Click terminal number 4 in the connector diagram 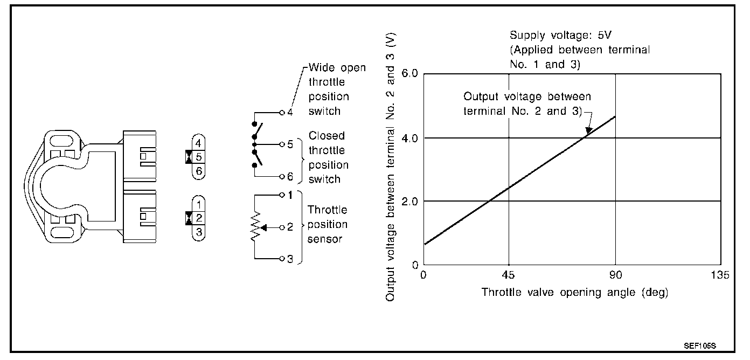pos(199,144)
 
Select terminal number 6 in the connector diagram pos(199,170)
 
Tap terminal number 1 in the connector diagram pos(199,204)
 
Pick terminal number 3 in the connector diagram pos(199,232)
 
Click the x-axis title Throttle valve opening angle pos(574,293)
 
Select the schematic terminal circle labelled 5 pos(282,144)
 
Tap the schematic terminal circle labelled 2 pos(282,227)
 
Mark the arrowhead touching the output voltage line pos(589,130)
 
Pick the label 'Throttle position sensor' pos(327,224)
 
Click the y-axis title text pos(391,167)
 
